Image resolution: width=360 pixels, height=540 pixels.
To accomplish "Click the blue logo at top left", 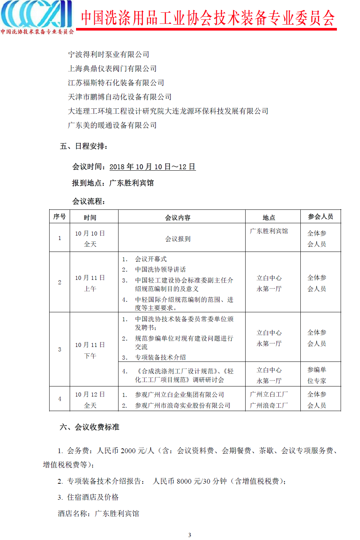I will (x=37, y=15).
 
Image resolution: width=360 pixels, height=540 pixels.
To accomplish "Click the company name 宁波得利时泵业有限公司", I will (x=108, y=54).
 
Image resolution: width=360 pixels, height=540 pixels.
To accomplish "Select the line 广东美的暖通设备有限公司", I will (x=112, y=125).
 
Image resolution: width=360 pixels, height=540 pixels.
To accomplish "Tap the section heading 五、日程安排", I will (x=84, y=146).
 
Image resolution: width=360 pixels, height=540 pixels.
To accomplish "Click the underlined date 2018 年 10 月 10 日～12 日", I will (x=152, y=167).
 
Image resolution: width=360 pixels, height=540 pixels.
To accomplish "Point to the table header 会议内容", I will (x=178, y=217).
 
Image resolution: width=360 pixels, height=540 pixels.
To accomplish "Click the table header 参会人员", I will (x=320, y=217).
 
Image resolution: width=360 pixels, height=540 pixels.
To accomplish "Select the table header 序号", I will (x=59, y=217).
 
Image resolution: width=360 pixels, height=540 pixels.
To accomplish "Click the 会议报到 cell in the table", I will (x=178, y=239).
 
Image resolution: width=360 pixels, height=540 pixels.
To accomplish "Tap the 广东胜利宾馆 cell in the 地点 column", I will (x=269, y=231).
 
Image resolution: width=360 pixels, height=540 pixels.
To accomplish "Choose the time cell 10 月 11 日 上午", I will (x=90, y=283).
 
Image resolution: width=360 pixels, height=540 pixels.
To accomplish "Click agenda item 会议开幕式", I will (x=151, y=259).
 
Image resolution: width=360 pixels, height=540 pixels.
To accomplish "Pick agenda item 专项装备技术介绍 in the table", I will (x=160, y=357).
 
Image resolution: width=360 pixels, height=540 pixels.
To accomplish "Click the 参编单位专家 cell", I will (x=317, y=375).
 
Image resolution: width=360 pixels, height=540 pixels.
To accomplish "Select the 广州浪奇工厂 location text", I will (x=269, y=405).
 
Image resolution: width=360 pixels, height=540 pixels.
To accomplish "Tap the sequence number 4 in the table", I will (x=60, y=399).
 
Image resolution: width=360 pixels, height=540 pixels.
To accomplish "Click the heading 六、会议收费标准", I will (x=89, y=427).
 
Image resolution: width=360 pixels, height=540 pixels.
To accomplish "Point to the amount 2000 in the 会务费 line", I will (x=128, y=451).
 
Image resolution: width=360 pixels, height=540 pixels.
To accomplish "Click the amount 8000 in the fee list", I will (x=184, y=481).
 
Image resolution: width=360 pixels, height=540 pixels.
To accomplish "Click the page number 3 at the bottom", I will (x=190, y=535).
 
